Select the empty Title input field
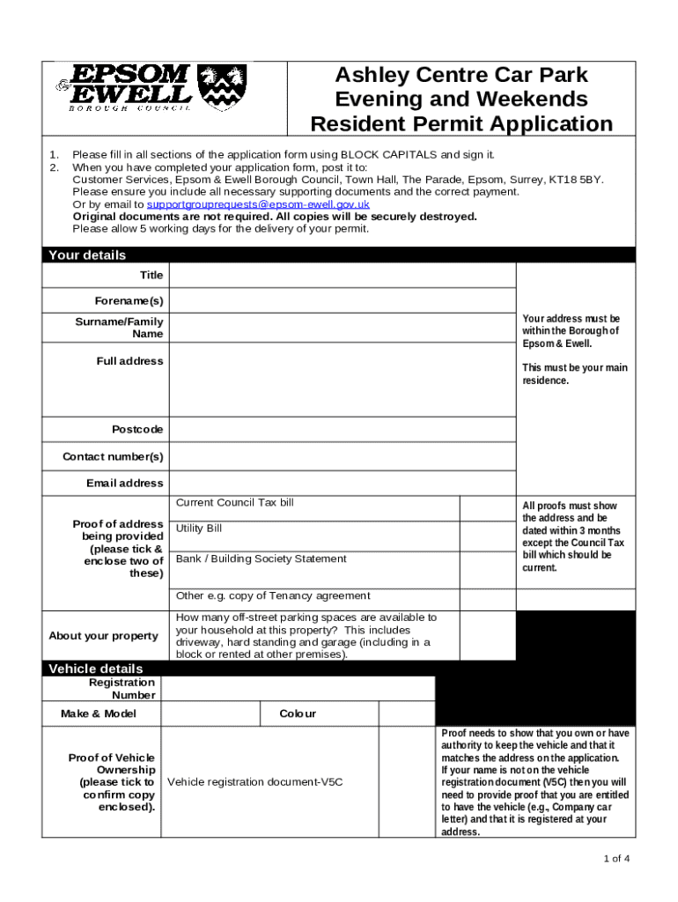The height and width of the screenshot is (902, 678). [342, 276]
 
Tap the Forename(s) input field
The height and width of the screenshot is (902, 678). [342, 301]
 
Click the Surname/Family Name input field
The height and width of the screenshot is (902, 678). [342, 328]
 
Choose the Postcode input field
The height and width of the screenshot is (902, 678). [342, 429]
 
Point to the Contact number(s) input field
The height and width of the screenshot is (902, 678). [342, 456]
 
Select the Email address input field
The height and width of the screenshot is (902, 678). [342, 483]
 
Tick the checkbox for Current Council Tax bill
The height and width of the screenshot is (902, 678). [487, 507]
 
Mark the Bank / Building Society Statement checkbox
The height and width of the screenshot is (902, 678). [487, 566]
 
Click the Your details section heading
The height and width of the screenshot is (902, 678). [87, 255]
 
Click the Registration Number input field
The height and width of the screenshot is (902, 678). [298, 688]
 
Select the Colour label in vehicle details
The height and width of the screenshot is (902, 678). [298, 713]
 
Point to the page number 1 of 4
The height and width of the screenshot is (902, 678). [615, 859]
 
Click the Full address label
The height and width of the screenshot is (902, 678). [129, 361]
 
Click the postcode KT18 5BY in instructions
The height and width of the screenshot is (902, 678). [579, 179]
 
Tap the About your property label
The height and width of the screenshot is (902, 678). [103, 636]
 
